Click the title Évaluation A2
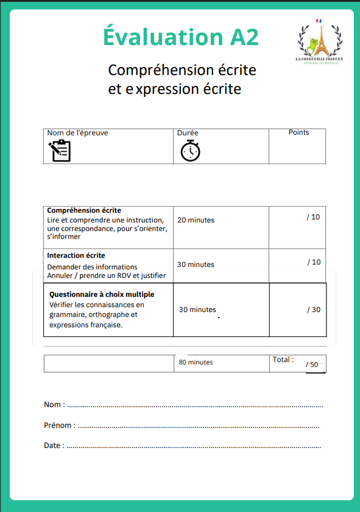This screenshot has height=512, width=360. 181,37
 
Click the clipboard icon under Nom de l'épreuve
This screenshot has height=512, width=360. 60,150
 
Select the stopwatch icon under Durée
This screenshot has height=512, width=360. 190,150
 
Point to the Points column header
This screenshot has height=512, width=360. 298,132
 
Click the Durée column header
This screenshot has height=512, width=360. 188,132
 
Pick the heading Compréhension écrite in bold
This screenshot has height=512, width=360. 84,210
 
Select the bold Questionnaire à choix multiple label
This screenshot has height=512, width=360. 102,294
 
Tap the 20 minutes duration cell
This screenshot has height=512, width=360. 196,220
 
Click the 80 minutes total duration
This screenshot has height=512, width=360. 196,362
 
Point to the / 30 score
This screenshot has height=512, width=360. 314,310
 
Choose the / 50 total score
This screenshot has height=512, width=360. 312,364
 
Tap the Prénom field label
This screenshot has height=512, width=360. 58,425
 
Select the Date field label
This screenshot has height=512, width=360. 52,446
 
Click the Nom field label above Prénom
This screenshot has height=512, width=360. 53,405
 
